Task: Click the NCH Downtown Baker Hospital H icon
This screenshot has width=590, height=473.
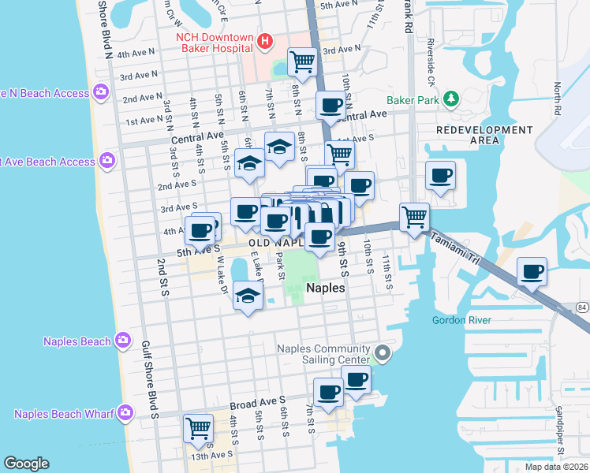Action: (x=266, y=40)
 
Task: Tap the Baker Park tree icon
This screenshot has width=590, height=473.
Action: (x=450, y=99)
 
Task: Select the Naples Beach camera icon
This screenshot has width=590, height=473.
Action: (x=123, y=341)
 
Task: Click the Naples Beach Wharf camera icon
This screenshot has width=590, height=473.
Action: (x=125, y=413)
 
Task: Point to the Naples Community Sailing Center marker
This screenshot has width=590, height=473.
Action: (x=383, y=352)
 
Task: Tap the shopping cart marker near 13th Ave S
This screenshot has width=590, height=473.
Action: (x=198, y=428)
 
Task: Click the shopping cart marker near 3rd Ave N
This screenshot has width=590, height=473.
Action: (x=302, y=60)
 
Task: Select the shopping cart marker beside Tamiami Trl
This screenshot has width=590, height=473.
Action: (x=414, y=215)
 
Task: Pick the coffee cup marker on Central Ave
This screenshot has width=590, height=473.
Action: (x=330, y=104)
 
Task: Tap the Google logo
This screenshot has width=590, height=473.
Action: (x=26, y=464)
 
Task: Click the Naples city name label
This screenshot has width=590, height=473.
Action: (x=325, y=289)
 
